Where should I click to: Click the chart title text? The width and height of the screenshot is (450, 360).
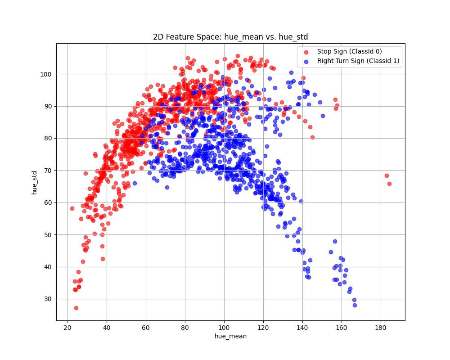pyautogui.click(x=230, y=37)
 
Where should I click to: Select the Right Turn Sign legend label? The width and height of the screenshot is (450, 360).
pyautogui.click(x=358, y=61)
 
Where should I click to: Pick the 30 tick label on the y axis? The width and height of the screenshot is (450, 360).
pyautogui.click(x=47, y=299)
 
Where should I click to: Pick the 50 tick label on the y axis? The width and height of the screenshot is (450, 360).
pyautogui.click(x=47, y=234)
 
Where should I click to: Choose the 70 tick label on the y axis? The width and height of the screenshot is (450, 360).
pyautogui.click(x=47, y=170)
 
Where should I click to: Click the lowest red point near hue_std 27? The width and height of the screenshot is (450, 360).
pyautogui.click(x=76, y=308)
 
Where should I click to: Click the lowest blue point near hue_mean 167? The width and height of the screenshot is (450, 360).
pyautogui.click(x=355, y=305)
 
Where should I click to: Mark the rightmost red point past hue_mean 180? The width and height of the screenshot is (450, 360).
pyautogui.click(x=389, y=184)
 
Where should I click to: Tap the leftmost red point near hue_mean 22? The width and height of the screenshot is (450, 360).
pyautogui.click(x=72, y=208)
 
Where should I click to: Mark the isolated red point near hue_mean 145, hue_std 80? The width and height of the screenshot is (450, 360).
pyautogui.click(x=312, y=137)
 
